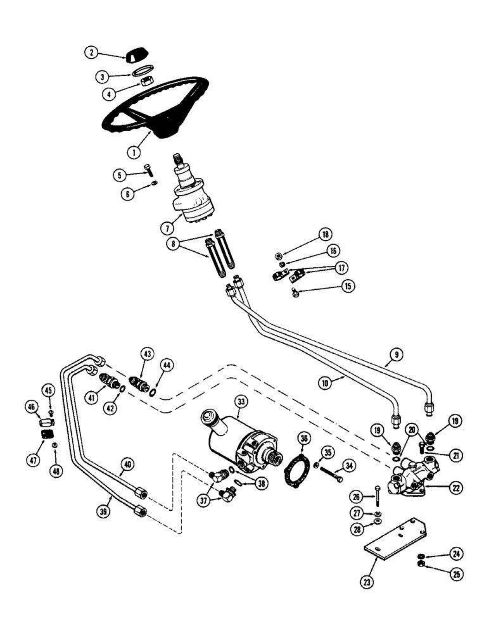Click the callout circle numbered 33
(x=241, y=401)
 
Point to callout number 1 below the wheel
(x=133, y=152)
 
